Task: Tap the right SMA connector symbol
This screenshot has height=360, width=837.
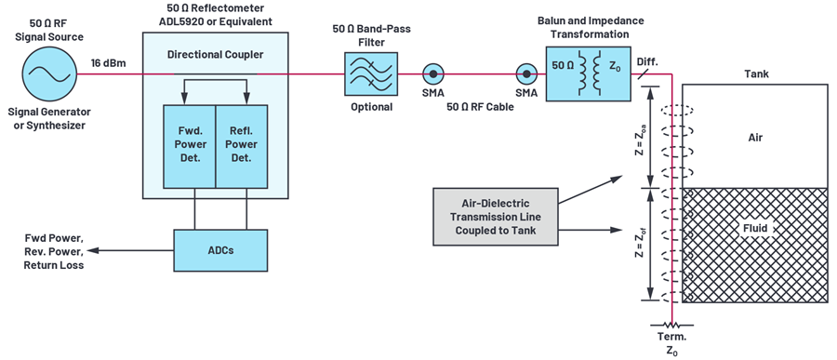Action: pos(526,72)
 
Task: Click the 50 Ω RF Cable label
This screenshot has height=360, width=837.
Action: pos(479,107)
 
